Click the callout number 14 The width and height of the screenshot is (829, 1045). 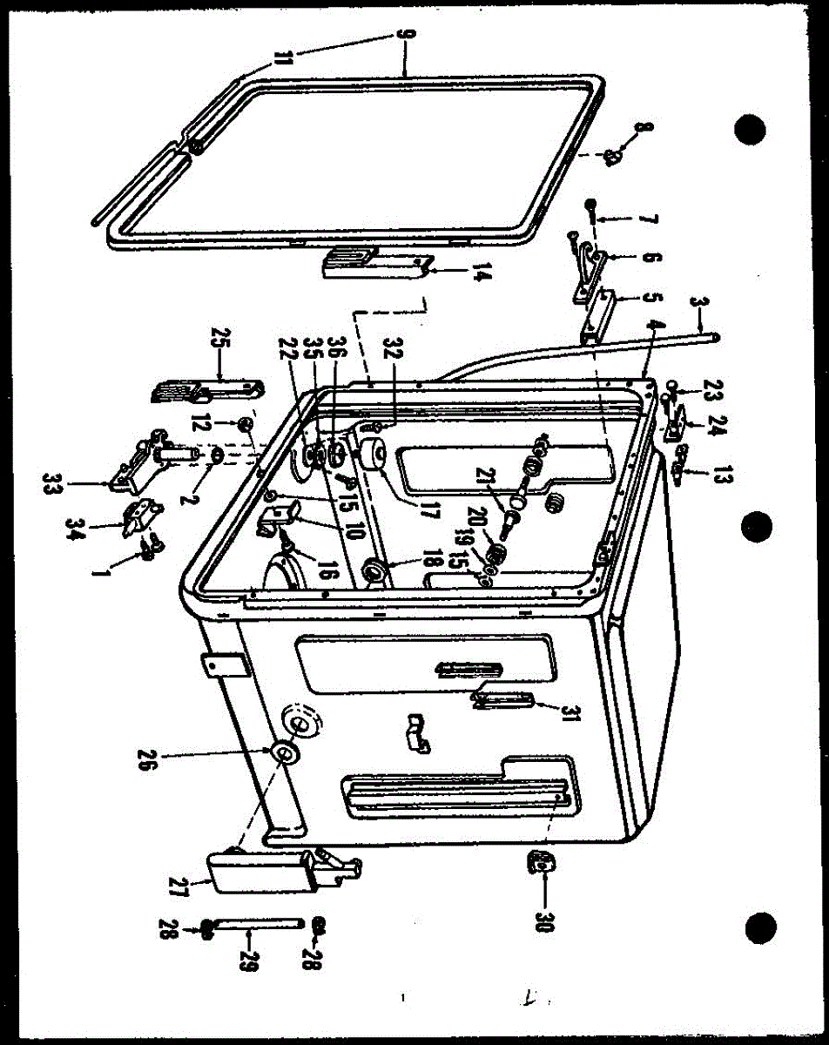tap(480, 280)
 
